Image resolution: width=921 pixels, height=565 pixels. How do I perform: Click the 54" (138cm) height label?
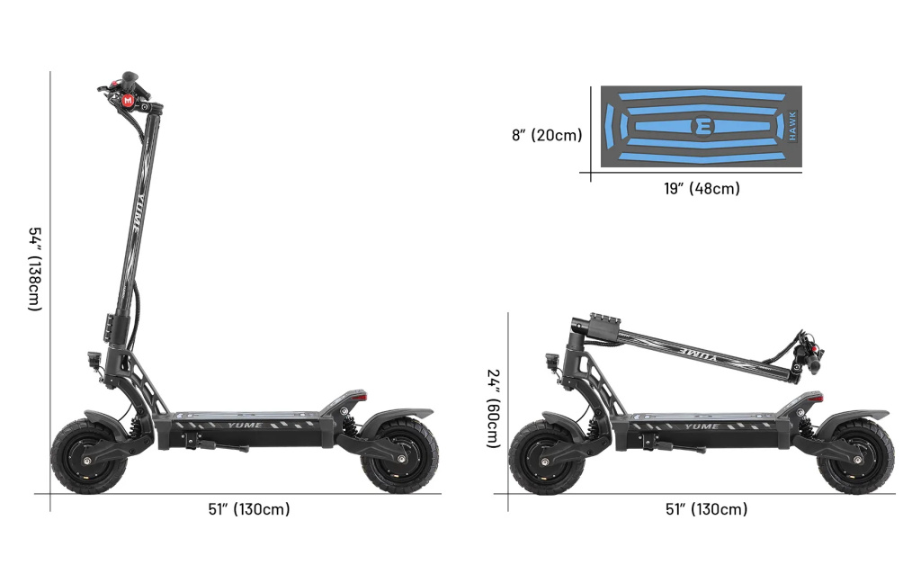[x=35, y=269]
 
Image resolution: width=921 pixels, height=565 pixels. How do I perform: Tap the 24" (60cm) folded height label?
[x=494, y=408]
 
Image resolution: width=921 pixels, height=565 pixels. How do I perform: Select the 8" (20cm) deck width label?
[x=547, y=135]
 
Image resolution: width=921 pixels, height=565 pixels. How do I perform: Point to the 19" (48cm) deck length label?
[x=702, y=189]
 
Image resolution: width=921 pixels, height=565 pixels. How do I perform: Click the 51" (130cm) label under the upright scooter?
[x=249, y=508]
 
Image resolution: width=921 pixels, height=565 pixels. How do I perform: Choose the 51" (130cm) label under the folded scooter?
[x=707, y=508]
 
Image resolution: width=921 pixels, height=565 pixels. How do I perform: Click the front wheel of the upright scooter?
[x=89, y=456]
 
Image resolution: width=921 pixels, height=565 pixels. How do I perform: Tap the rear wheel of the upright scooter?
[x=399, y=456]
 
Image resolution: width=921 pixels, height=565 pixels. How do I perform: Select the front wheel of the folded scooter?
[x=547, y=457]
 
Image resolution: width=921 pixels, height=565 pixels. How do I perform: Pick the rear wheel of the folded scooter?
[x=856, y=457]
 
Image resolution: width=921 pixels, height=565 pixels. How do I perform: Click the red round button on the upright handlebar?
[x=129, y=100]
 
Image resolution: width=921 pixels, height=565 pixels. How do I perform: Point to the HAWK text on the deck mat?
[x=792, y=126]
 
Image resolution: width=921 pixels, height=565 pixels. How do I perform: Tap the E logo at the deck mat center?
[x=702, y=126]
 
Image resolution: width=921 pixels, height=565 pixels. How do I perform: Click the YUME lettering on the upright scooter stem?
[x=137, y=209]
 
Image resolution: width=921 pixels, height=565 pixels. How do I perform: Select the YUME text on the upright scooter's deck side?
[x=245, y=426]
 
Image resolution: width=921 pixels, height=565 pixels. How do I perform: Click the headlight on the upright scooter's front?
[x=94, y=359]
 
